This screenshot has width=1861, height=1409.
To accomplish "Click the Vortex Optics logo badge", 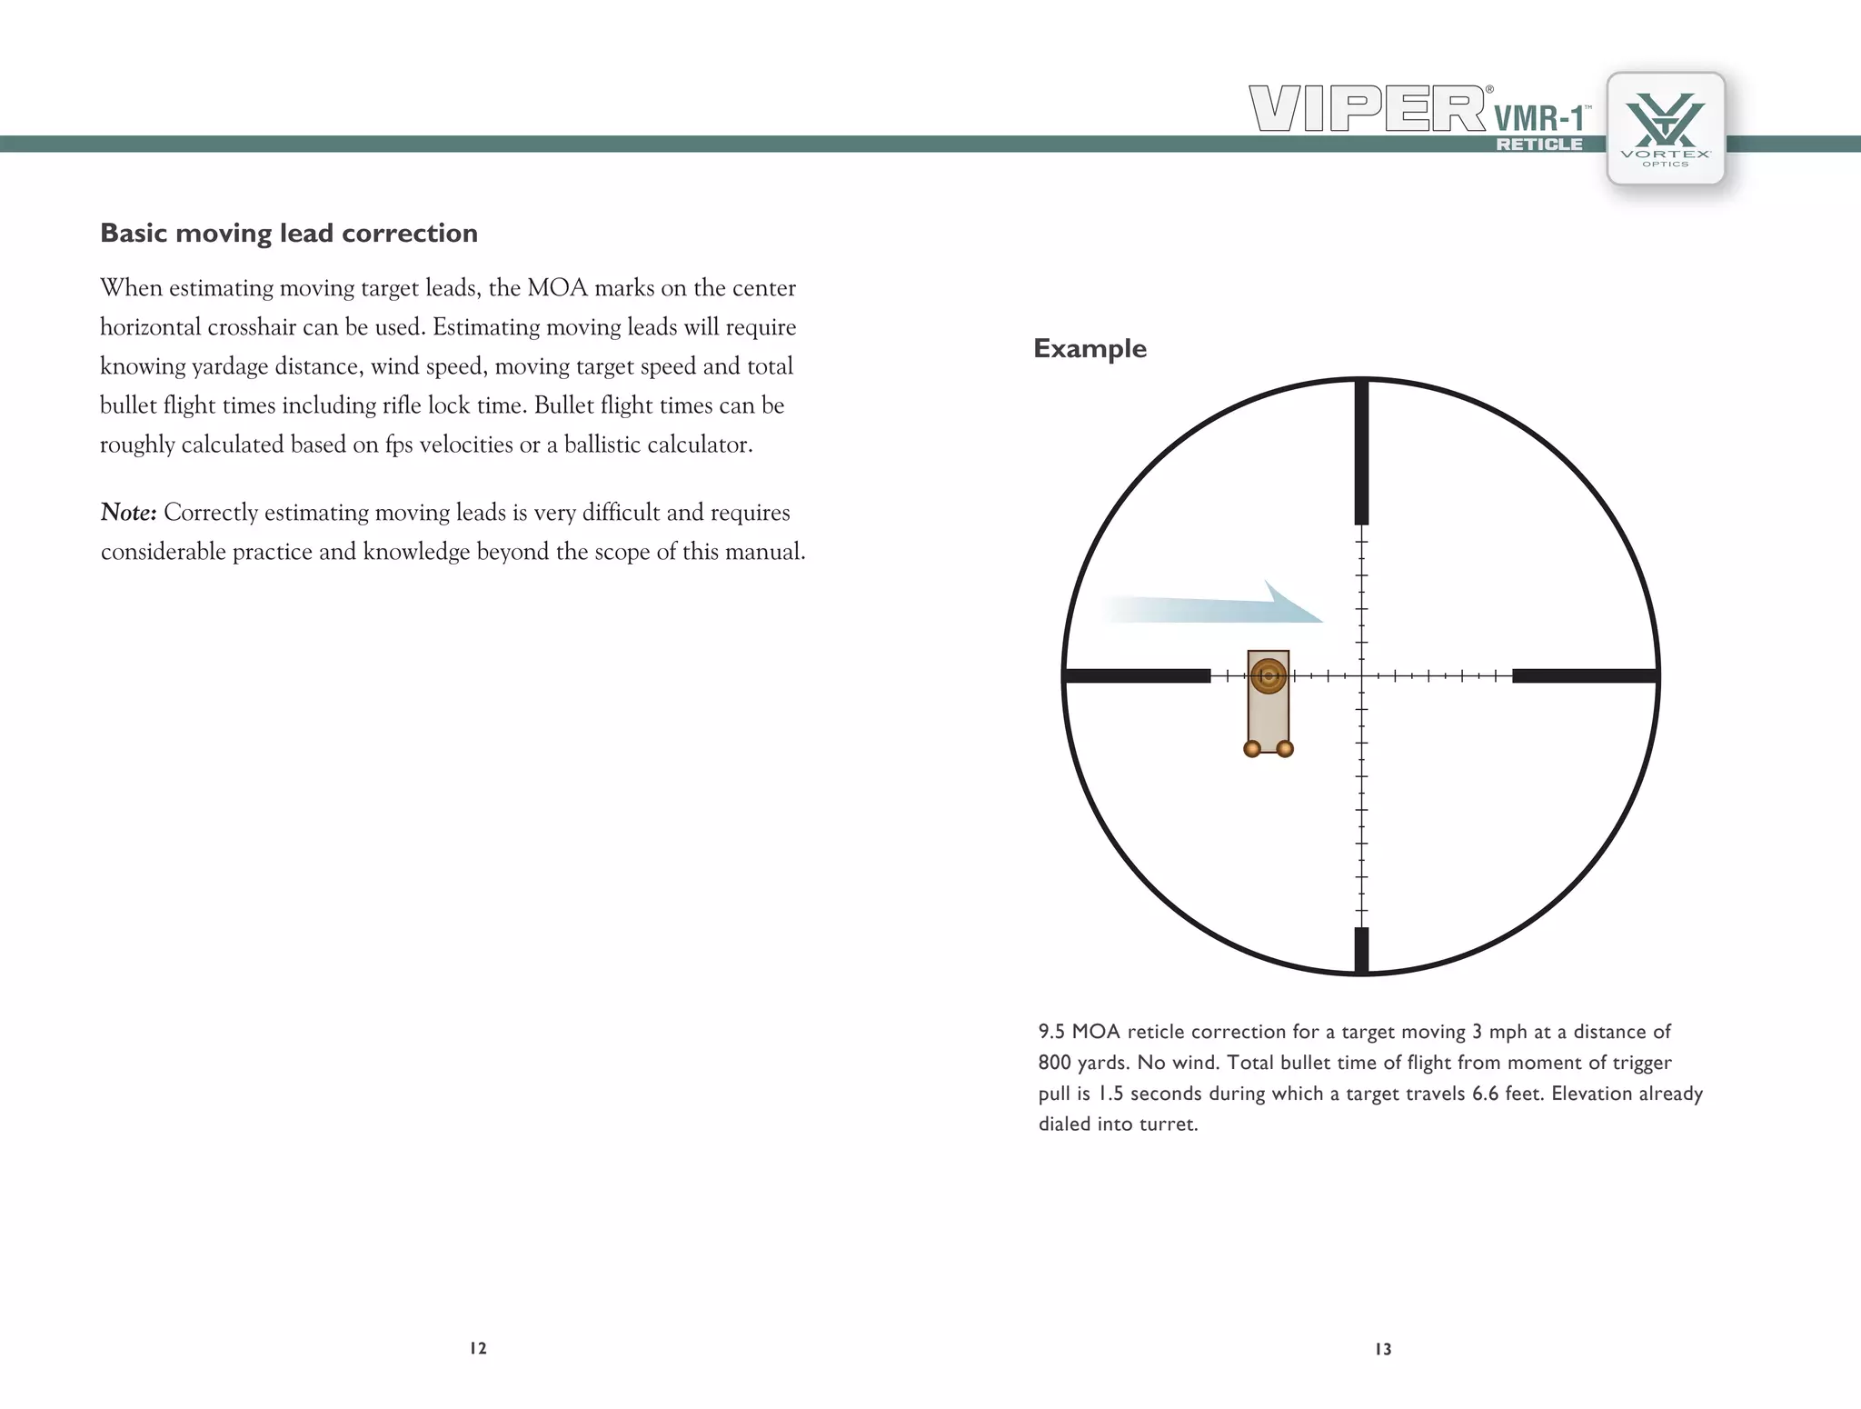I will coord(1666,128).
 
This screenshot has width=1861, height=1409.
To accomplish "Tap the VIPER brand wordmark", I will coord(1368,109).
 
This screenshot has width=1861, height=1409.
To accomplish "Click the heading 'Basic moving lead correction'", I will coord(289,234).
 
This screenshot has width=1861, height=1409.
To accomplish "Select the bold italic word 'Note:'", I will coord(128,513).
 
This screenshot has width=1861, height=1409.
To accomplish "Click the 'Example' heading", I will coord(1090,348).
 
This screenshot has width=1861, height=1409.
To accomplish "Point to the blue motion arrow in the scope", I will coord(1218,606).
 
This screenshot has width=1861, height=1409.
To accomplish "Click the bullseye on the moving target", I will coord(1268,675).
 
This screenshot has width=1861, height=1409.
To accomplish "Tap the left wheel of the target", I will coord(1252,748).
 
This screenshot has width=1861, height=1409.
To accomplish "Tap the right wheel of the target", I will coord(1285,748).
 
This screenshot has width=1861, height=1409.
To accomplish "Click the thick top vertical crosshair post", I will coord(1361,452).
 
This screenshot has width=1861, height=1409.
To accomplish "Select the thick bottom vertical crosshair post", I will coord(1361,950).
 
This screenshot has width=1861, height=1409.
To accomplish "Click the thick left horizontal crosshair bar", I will coord(1138,675).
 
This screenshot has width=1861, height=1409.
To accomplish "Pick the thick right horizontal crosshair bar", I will coord(1585,675).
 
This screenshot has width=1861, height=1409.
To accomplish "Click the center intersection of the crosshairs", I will coord(1361,675).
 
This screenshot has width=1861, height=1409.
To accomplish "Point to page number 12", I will coord(478,1348).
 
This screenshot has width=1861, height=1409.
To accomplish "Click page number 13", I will coord(1383,1349).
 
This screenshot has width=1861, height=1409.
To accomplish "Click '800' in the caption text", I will coord(1054,1063).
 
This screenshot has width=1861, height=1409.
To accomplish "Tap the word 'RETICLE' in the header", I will coord(1539,145).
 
